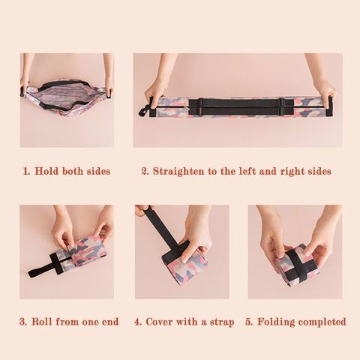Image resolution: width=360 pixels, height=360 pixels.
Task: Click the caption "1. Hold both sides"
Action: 66,171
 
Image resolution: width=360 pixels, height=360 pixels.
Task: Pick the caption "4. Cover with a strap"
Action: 184,322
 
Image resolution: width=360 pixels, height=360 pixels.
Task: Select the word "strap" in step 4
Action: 220,322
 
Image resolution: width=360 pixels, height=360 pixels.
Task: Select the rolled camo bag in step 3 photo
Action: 84,253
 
